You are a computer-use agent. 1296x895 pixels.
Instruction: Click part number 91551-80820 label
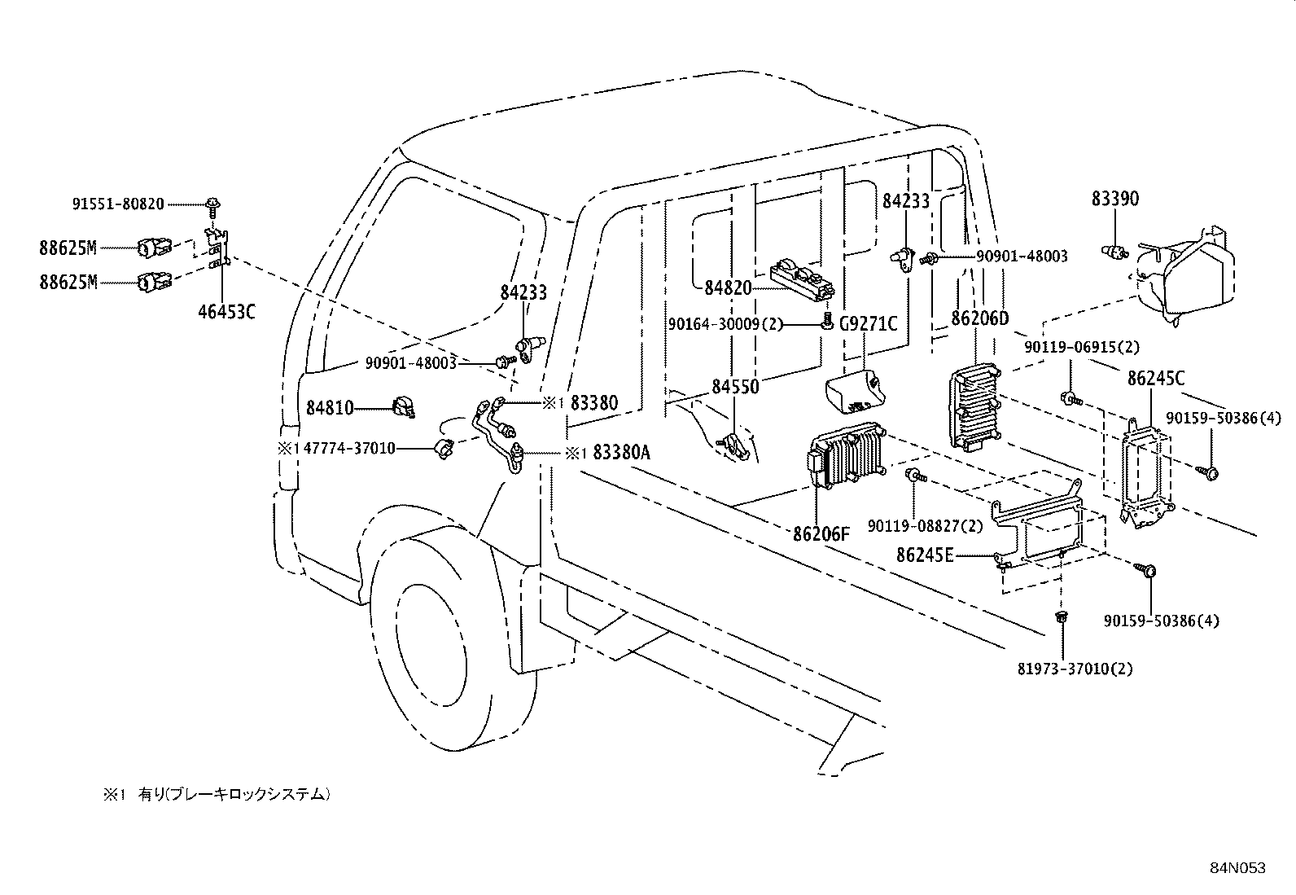118,204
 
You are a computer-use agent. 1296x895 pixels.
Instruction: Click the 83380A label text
621,453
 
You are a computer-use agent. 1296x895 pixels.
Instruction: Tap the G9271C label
869,324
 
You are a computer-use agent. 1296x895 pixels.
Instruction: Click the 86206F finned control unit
847,455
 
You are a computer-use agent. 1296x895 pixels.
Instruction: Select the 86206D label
979,318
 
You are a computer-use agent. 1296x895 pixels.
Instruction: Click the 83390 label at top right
1114,200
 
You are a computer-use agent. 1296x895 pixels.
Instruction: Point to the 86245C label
1156,378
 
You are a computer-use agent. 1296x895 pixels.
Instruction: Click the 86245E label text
924,555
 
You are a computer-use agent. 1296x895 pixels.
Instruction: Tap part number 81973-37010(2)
1075,669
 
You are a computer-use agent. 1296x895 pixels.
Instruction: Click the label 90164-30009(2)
725,324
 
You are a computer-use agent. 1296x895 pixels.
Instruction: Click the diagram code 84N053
1237,868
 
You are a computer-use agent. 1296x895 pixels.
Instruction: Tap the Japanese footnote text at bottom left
216,793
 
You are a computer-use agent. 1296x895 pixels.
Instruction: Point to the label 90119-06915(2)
1082,347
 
